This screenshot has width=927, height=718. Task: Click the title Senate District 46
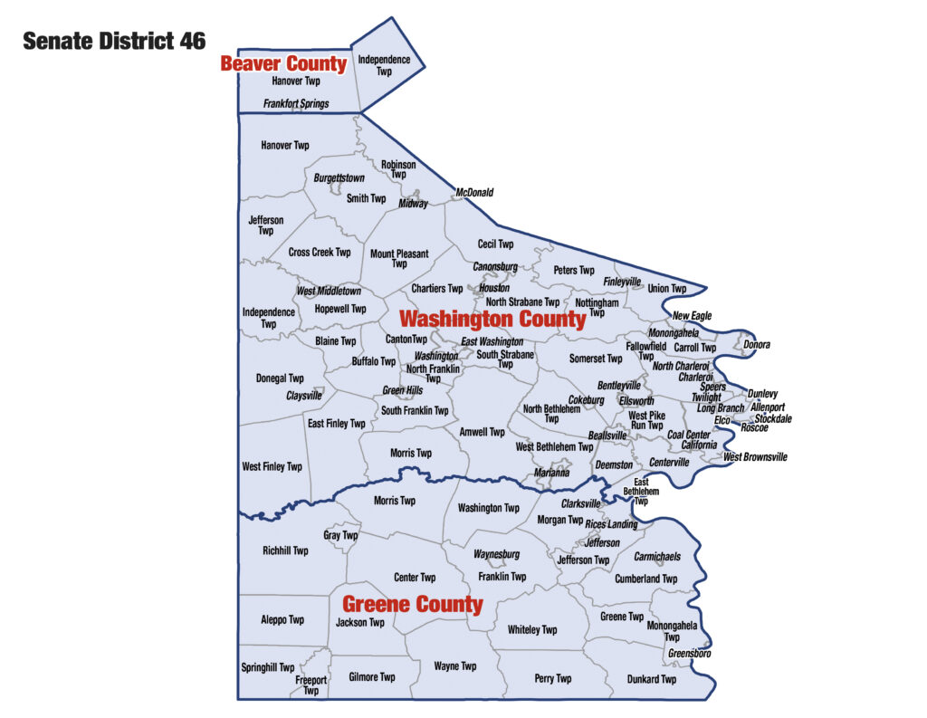[x=114, y=41]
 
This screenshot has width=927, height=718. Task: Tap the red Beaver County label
[x=283, y=63]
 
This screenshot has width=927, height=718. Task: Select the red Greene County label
[x=412, y=604]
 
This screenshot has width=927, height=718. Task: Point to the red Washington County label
[x=492, y=320]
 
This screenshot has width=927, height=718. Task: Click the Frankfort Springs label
[x=296, y=104]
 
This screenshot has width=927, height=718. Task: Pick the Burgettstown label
[x=339, y=178]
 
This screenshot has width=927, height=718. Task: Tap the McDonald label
[x=474, y=192]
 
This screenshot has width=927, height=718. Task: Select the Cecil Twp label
[x=495, y=244]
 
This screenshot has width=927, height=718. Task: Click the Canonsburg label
[x=495, y=267]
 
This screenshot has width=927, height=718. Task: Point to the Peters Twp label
[x=574, y=270]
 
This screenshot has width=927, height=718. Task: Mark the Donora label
[x=757, y=345]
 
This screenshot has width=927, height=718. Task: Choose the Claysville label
[x=304, y=396]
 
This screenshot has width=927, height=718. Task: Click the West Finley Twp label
[x=272, y=467]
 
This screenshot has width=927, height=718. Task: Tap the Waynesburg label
[x=496, y=554]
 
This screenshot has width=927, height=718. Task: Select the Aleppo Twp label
[x=282, y=620]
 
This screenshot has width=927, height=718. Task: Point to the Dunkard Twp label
[x=651, y=679]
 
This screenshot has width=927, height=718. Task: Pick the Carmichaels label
[x=657, y=556]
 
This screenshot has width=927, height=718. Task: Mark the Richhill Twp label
[x=285, y=550]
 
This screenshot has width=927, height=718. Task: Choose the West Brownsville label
[x=755, y=457]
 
